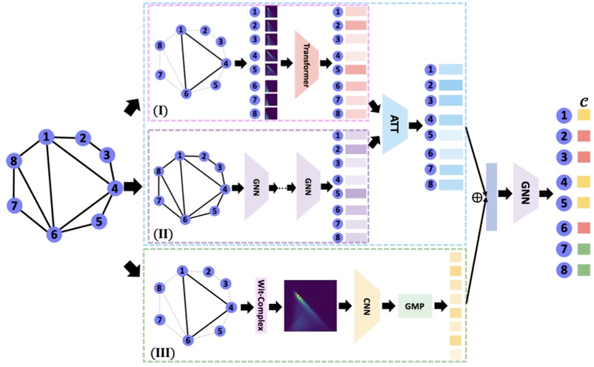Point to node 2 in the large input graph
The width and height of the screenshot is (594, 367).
[82, 139]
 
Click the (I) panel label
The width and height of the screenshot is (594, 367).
[161, 113]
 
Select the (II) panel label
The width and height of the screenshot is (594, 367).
[161, 233]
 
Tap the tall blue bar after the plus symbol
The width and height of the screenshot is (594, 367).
[491, 196]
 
